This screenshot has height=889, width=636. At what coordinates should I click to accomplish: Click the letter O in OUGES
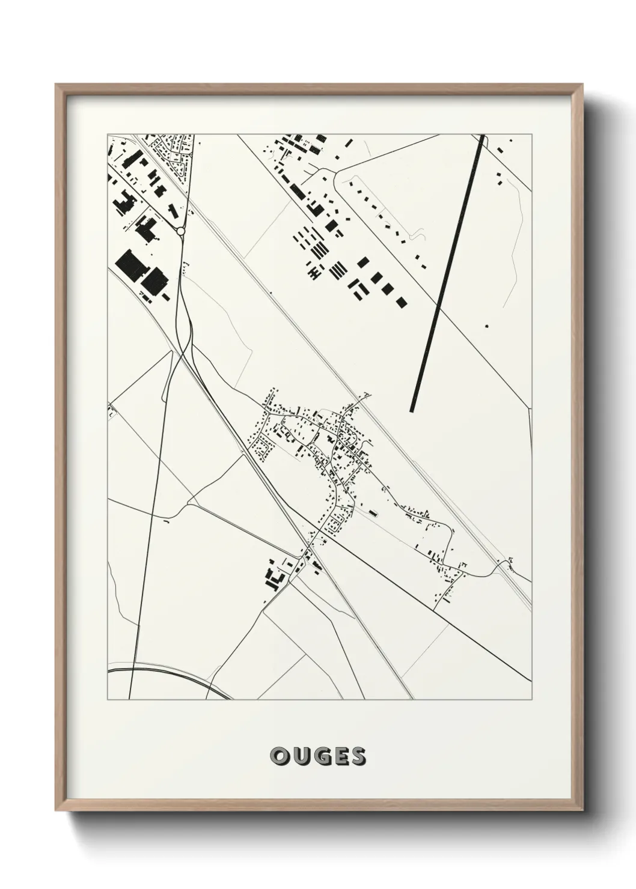tap(279, 756)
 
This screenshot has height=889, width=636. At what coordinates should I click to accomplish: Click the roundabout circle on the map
tap(180, 231)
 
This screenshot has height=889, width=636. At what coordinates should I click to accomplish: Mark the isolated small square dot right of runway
tap(486, 326)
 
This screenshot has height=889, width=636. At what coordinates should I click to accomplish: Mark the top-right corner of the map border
tap(532, 135)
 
